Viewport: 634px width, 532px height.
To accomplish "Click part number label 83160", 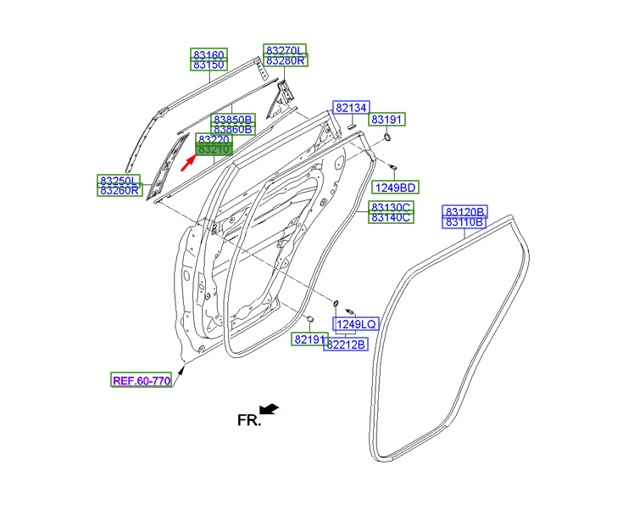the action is click(208, 54).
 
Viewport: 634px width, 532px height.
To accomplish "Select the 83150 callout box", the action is click(208, 65).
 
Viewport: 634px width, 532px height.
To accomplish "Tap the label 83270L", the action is click(286, 49).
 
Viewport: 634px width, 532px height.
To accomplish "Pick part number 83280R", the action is click(286, 60).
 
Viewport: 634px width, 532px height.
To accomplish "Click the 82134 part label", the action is click(350, 108).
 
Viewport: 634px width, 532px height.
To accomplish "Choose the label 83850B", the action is click(233, 119).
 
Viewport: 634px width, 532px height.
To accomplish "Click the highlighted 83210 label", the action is click(214, 149).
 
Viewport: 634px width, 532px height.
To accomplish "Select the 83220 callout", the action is click(214, 138).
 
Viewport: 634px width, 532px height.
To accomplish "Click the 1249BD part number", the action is click(396, 187).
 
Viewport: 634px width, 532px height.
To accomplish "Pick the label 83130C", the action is click(391, 207).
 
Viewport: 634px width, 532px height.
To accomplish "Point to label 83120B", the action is click(465, 210).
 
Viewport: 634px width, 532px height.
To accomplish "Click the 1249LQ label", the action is click(356, 324).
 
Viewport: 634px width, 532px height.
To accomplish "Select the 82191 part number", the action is click(310, 339).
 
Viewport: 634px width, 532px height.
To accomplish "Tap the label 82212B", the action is click(347, 344).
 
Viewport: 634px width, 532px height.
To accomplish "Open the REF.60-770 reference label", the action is click(142, 380).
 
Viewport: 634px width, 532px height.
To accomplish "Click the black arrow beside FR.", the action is click(270, 410).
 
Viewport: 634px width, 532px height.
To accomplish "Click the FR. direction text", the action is click(247, 419).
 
